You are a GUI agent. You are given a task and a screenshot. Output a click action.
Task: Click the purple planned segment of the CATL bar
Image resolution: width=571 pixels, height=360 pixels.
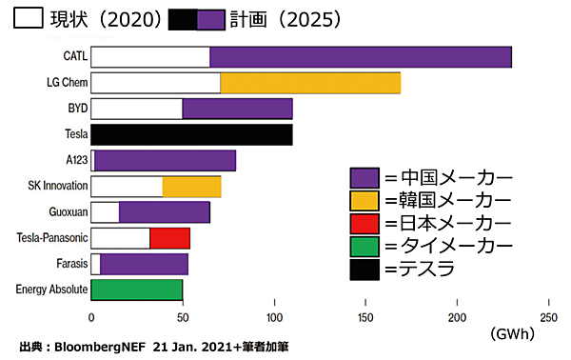[361, 57]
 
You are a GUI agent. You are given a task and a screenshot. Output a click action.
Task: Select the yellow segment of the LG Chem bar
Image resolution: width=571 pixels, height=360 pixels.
[310, 83]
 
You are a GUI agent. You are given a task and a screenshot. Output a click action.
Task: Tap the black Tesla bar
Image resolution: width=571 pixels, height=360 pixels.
[191, 134]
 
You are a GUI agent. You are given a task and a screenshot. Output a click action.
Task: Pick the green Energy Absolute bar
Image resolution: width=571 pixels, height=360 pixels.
[136, 290]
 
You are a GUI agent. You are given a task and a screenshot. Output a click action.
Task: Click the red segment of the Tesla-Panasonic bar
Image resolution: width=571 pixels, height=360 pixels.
[169, 238]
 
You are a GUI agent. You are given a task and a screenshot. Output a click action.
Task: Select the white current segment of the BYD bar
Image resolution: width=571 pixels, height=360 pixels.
[136, 109]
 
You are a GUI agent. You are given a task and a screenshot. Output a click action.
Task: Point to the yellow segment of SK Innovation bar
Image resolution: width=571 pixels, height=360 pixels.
[191, 187]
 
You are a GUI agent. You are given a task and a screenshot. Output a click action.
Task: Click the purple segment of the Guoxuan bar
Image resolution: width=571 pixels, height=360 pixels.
[164, 212]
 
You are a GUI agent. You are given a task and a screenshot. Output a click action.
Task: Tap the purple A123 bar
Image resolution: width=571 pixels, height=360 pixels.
[165, 160]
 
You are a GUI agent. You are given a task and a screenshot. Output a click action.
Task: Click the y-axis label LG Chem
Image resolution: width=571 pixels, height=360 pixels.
[67, 83]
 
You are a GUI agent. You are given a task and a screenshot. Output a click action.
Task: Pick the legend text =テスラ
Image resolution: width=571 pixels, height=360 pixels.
[419, 270]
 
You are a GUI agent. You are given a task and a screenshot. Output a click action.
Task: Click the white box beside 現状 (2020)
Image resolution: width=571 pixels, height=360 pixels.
[27, 19]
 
